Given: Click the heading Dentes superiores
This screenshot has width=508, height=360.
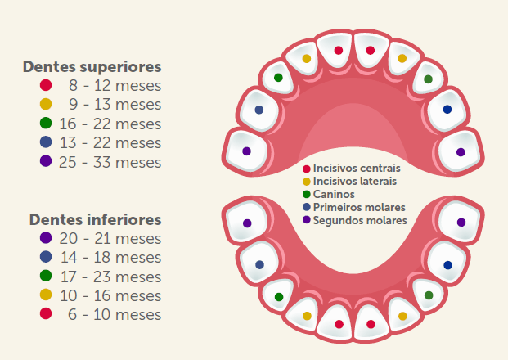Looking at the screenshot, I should click(92, 66).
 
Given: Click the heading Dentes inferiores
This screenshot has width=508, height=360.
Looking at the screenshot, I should click(95, 219).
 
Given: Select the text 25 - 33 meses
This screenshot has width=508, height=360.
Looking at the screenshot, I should click(110, 162).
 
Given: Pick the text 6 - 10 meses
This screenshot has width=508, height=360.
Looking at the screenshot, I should click(115, 314).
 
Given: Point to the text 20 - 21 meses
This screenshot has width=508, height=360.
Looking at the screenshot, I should click(110, 238).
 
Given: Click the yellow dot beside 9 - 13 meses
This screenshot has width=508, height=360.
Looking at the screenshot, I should click(46, 104).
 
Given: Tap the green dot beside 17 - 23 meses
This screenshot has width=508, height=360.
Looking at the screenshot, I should click(46, 276).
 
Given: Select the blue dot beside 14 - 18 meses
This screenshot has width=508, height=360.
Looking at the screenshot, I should click(46, 257).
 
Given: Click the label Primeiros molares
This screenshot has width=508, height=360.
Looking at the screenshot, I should click(359, 207).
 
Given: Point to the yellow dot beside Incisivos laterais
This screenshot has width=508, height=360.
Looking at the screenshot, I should click(307, 181).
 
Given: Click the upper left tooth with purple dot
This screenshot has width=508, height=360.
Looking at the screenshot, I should click(246, 151).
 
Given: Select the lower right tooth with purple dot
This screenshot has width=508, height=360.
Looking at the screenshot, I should click(461, 222).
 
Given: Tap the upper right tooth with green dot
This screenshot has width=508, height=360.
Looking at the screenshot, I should click(428, 79).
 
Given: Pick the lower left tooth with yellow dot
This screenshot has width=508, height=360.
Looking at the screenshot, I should click(307, 315).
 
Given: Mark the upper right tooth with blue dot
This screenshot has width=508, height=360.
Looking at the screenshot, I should click(447, 109).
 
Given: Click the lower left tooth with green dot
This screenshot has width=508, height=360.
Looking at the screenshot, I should click(279, 296).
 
